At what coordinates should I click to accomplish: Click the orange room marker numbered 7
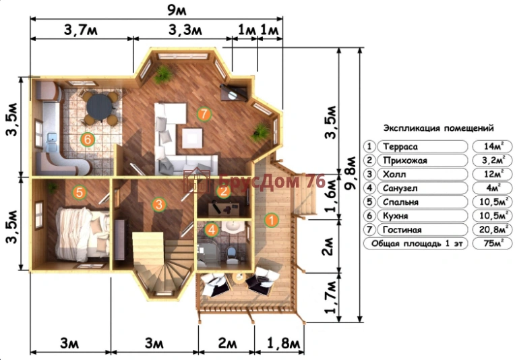coord(204,115)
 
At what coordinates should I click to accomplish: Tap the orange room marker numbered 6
coord(88,140)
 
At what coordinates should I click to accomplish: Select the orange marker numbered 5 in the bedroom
coord(80,192)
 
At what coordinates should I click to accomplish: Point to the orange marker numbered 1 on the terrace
coord(271,220)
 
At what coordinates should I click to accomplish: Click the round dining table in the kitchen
coord(100,108)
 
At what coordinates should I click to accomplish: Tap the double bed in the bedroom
coord(83,234)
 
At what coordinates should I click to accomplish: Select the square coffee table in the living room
coord(193,138)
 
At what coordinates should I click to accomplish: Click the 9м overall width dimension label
coord(177,10)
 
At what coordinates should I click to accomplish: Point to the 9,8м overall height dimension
coord(351,173)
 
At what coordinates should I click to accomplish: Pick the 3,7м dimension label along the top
coord(81,30)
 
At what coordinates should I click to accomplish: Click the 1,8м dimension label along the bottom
coord(283,344)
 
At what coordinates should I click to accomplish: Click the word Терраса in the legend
coord(400,146)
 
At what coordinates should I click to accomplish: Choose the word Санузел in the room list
coord(400,188)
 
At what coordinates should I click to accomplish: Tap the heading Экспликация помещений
coord(438,128)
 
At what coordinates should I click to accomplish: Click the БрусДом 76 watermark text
coord(272,181)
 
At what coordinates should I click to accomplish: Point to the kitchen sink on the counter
coord(51,142)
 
